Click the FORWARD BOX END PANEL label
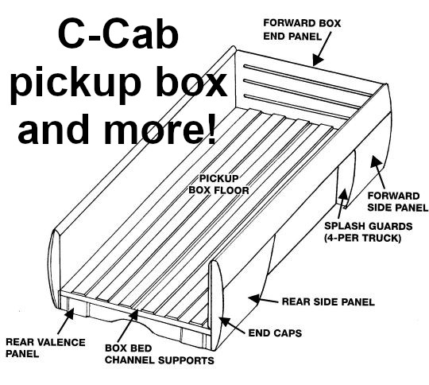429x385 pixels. coord(302,29)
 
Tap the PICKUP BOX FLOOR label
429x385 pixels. coord(219,185)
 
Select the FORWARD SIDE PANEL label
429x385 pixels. coord(397,202)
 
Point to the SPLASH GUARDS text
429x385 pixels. coord(369,227)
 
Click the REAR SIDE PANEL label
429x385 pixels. coord(328,301)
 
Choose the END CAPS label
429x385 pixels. coord(275,333)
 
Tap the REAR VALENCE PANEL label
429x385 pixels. coord(45,348)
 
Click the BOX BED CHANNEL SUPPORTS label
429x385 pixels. coord(160,354)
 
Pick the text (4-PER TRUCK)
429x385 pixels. coord(363,238)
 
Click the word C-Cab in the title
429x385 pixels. coord(118,33)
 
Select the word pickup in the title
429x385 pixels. coord(75,82)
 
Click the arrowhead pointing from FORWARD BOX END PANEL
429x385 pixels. coord(317,60)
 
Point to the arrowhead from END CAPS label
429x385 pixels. coord(224,321)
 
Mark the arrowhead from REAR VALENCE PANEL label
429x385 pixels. coord(71,313)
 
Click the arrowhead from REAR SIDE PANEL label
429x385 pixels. coord(254,298)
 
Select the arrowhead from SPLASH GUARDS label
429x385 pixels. coord(344,194)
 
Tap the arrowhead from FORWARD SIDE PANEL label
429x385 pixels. coord(376,161)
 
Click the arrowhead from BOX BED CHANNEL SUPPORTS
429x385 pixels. coord(133,315)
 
